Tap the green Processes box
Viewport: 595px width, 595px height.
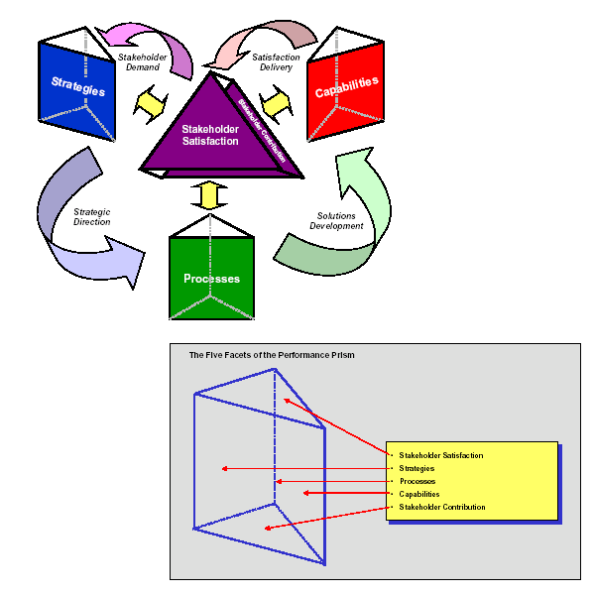click(x=211, y=278)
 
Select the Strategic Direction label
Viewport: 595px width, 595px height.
click(x=91, y=215)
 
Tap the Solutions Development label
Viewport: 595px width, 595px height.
click(x=340, y=219)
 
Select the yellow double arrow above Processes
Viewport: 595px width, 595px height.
click(x=207, y=196)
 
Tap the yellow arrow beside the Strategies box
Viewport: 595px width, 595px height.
click(x=150, y=100)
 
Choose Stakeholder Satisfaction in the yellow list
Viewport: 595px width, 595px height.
click(x=440, y=455)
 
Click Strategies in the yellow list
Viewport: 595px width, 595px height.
click(x=416, y=468)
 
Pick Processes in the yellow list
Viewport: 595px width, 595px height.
click(x=416, y=481)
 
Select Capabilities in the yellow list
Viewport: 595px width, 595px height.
click(x=419, y=494)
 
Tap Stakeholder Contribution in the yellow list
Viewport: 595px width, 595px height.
click(x=442, y=507)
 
